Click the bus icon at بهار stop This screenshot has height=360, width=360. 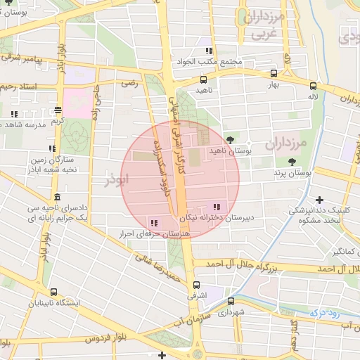[273, 73]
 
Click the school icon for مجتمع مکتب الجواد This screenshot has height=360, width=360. [208, 51]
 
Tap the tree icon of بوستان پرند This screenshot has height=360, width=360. [291, 162]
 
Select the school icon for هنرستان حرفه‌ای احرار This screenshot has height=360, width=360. [154, 224]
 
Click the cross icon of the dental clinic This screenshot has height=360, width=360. [320, 200]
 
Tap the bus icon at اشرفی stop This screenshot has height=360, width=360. [195, 285]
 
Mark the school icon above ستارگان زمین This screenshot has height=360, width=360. [52, 148]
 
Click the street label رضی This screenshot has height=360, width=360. [129, 83]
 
